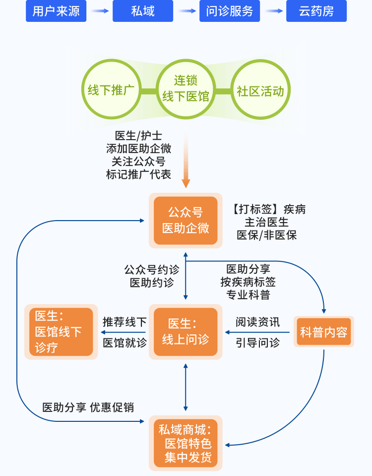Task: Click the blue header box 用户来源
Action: coord(56,11)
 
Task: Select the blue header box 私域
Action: coord(143,11)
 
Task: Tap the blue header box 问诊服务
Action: coord(230,11)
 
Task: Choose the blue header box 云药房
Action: coord(316,11)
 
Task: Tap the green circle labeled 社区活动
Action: coord(260,91)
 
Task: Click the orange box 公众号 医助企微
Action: coord(186,221)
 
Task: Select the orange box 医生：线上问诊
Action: coord(186,331)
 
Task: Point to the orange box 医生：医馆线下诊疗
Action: coord(61,331)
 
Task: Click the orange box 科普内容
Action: coord(323,332)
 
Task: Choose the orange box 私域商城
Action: coord(186,443)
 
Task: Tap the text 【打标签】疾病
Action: coord(268,209)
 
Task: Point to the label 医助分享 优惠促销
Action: coord(88,407)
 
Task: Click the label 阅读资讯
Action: coord(257,321)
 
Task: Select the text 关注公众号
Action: coord(138,161)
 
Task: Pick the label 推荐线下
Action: coord(124,321)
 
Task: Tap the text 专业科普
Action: coord(248,295)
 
